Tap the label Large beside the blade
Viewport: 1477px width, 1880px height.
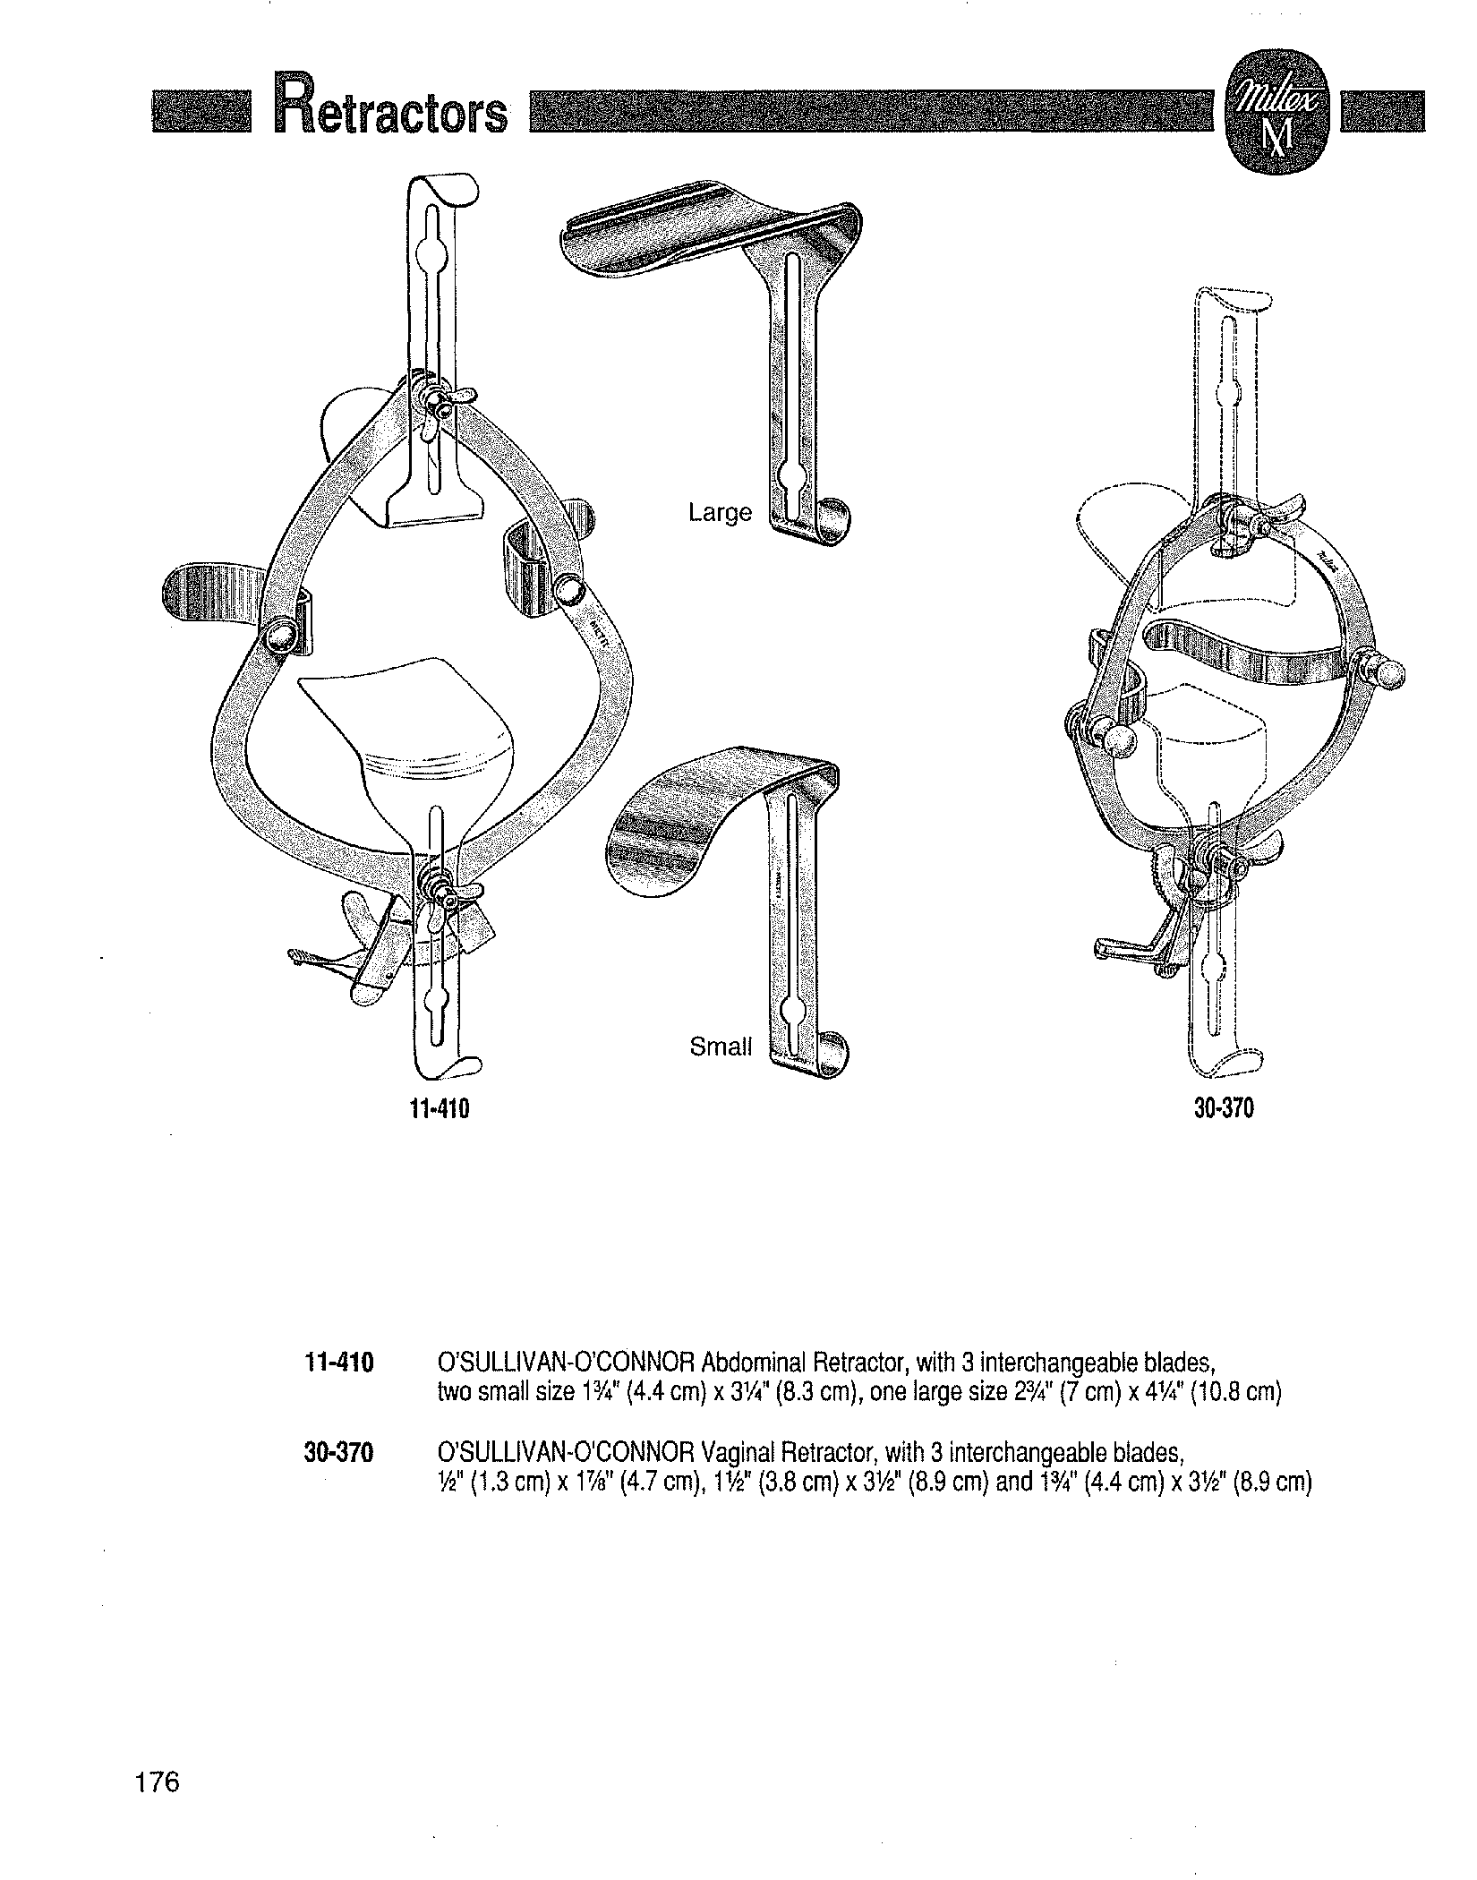tap(720, 513)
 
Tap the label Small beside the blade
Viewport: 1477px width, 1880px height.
tap(721, 1047)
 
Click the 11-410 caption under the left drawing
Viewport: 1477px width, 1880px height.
tap(439, 1109)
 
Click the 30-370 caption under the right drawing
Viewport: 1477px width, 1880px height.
tap(1224, 1108)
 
